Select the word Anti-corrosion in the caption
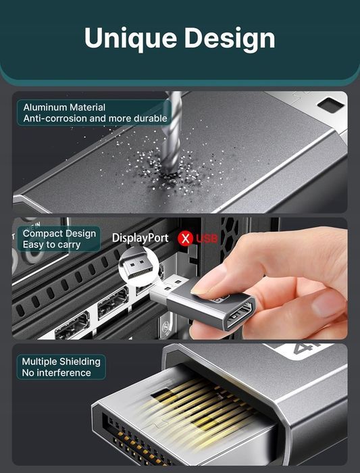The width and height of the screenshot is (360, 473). click(x=55, y=118)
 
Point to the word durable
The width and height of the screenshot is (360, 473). click(x=150, y=118)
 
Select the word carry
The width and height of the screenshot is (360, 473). click(x=68, y=244)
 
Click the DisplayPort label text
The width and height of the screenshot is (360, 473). click(x=139, y=238)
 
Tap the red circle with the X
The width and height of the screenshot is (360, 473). click(x=184, y=238)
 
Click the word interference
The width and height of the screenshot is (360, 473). click(x=65, y=372)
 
